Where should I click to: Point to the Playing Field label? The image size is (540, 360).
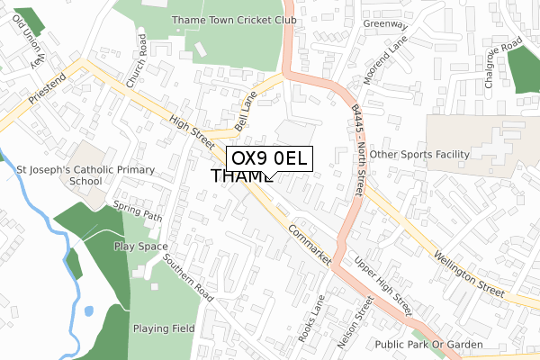(164, 328)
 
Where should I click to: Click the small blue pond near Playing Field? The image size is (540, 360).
(88, 311)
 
